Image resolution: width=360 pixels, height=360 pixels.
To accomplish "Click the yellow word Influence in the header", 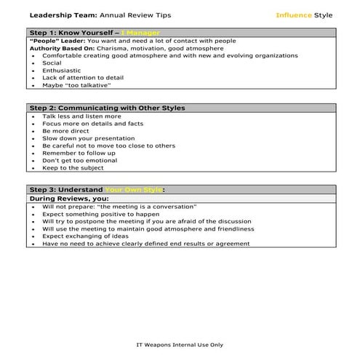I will point(295,15).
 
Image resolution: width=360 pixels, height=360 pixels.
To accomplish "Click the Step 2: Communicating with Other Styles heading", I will point(106,108).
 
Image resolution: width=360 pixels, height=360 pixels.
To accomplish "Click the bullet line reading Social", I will point(52,63).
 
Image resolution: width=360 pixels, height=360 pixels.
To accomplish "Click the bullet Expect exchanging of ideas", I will point(84,236).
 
